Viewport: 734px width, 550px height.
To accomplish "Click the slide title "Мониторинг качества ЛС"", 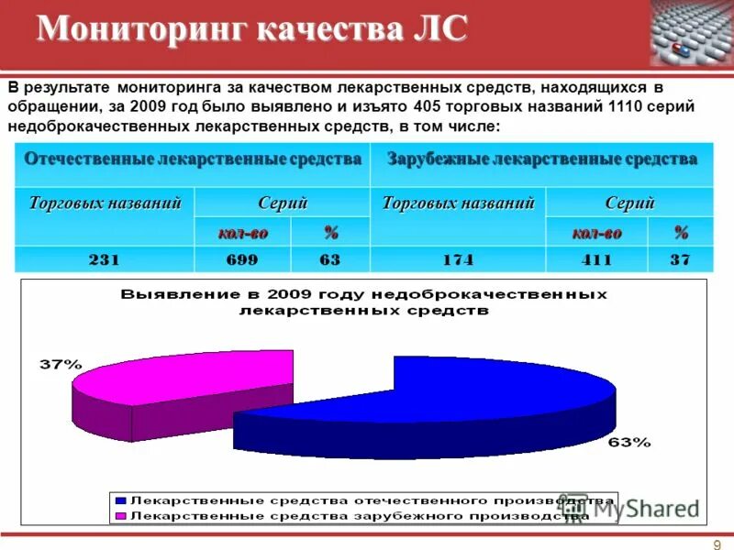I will (x=252, y=29).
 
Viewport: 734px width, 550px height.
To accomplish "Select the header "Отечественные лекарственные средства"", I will (x=193, y=159).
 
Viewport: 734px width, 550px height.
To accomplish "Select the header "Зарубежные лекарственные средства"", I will (x=542, y=159).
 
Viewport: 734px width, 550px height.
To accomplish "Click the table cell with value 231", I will (x=104, y=260).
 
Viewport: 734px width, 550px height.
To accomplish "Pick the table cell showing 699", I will (x=242, y=260).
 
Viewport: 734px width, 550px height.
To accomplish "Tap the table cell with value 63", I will (x=330, y=260).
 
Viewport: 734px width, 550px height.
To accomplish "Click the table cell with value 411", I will (x=596, y=260).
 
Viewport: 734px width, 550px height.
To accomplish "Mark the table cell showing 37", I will (x=680, y=260).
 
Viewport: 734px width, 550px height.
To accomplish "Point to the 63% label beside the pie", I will (x=629, y=442).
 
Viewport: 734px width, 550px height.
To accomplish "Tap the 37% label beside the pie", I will (x=59, y=364).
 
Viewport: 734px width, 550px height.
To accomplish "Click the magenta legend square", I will (x=119, y=516).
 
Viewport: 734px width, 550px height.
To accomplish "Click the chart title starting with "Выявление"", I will (x=363, y=302).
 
